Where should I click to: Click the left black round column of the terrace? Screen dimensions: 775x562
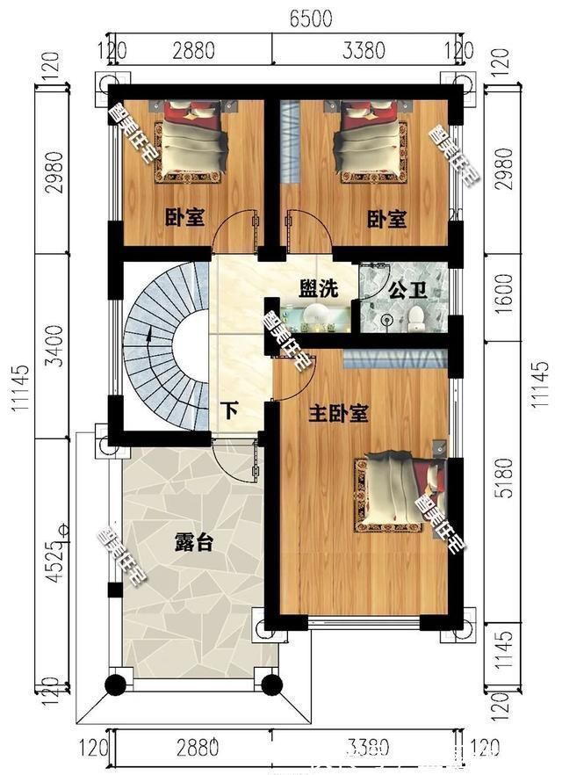point(115,684)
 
